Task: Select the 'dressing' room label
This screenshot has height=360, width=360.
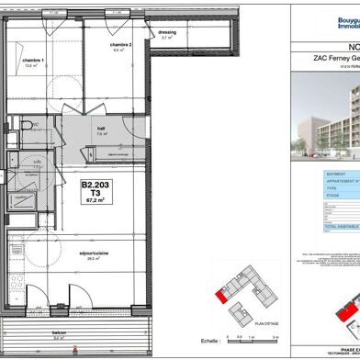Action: click(166, 32)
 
